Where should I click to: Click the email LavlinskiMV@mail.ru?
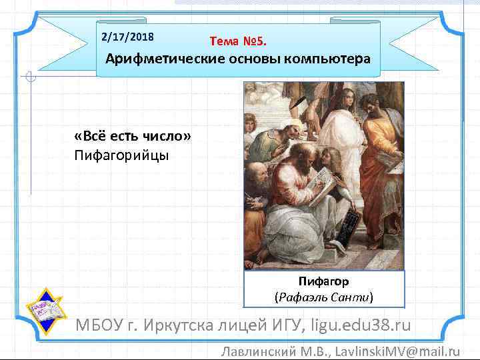point(397,351)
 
